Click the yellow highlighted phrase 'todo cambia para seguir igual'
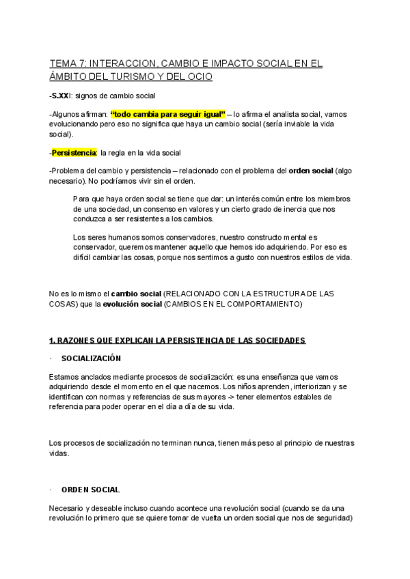coord(167,115)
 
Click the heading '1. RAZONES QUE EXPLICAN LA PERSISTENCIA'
coord(177,340)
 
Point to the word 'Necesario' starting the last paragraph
coord(67,508)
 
